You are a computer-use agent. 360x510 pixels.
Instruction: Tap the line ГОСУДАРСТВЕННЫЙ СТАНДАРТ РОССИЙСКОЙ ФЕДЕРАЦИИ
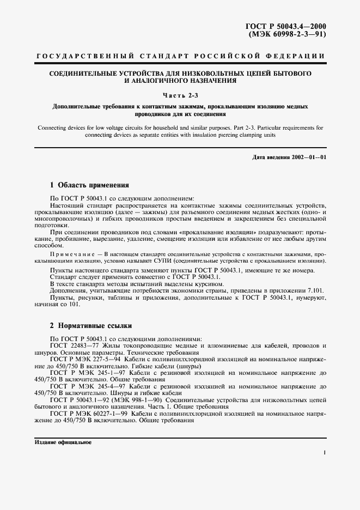click(180, 56)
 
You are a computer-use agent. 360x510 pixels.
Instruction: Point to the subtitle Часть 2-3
click(180, 96)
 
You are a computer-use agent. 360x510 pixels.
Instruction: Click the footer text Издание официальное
click(63, 442)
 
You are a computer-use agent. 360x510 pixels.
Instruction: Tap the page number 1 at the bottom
click(324, 453)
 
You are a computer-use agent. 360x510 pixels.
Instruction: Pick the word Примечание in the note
click(72, 254)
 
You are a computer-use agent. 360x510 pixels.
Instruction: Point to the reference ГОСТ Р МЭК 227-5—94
click(86, 360)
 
